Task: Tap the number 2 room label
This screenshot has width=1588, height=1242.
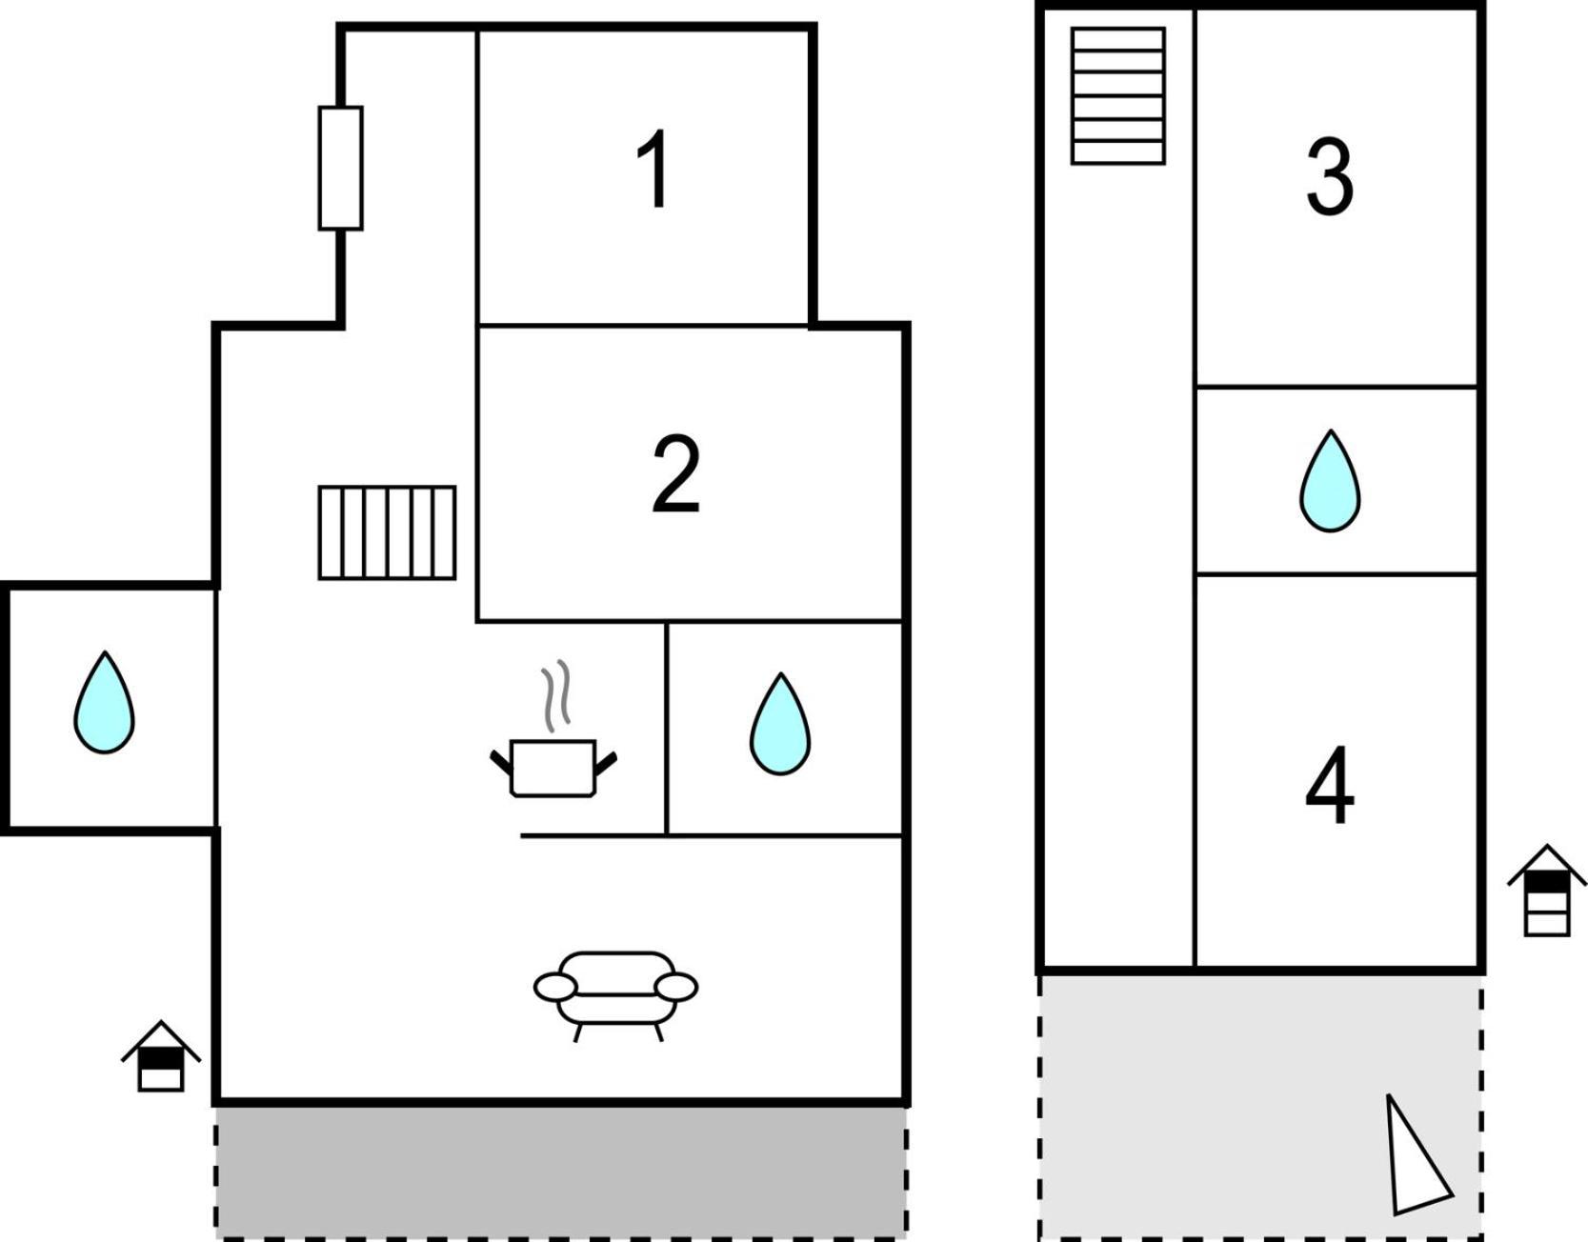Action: click(675, 473)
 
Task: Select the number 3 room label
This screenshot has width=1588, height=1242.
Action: click(1330, 176)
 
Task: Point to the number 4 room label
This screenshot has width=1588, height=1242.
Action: click(1330, 786)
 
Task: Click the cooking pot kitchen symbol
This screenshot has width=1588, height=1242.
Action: click(553, 768)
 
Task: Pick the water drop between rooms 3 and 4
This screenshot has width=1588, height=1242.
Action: click(1330, 481)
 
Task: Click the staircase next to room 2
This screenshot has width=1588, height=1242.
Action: click(387, 532)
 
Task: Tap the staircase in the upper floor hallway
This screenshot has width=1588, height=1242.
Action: click(1118, 96)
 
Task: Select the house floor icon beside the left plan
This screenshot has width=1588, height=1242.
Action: click(161, 1056)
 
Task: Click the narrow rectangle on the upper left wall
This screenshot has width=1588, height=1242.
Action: click(340, 168)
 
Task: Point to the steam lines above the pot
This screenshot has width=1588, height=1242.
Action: click(556, 696)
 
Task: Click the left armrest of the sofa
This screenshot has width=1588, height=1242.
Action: click(555, 988)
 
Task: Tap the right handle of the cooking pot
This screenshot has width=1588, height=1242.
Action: click(606, 763)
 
